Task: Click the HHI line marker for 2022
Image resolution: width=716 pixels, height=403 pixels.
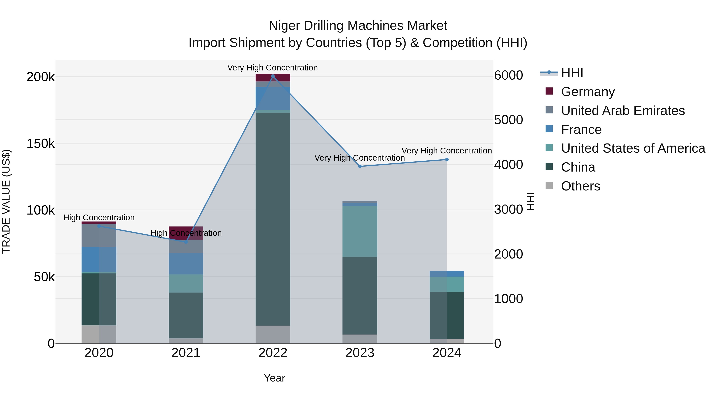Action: (x=273, y=76)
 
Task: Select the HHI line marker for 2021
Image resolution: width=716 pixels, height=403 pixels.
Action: (x=186, y=242)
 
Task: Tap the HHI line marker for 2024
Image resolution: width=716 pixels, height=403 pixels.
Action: (x=447, y=160)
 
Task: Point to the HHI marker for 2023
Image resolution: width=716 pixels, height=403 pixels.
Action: (x=360, y=166)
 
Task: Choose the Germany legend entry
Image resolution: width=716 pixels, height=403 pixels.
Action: (x=588, y=92)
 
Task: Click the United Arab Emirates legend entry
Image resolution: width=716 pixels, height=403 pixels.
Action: (x=623, y=111)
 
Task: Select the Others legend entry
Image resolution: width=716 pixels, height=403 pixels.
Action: (x=580, y=186)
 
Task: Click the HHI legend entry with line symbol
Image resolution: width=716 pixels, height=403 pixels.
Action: (x=571, y=73)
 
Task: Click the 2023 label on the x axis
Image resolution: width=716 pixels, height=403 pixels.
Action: (x=360, y=353)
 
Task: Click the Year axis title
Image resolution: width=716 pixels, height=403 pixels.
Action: (x=274, y=378)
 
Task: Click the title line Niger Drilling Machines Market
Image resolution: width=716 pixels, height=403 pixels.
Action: (x=358, y=26)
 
